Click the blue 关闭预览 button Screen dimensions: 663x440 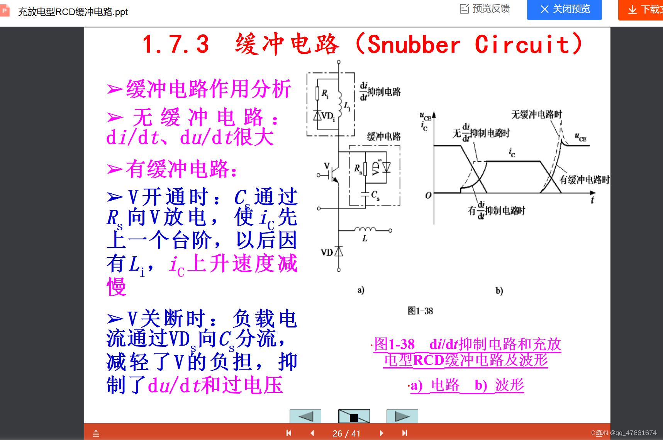pos(564,9)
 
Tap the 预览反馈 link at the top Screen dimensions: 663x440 pos(485,9)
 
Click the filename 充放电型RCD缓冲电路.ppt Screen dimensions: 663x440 pos(73,12)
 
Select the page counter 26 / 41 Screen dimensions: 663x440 pos(346,433)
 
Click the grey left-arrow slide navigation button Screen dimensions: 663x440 pos(305,416)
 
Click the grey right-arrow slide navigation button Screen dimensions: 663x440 pos(402,416)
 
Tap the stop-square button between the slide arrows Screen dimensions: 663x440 pos(354,417)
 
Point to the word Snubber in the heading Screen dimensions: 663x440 pos(414,44)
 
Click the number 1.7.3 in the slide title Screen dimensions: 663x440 pos(176,44)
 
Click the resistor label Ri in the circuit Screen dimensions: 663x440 pos(325,94)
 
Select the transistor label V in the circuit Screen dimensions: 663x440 pos(327,166)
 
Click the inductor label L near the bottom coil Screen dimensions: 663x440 pos(365,239)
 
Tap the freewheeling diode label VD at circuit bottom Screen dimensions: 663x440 pos(327,252)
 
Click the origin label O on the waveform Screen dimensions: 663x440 pos(428,195)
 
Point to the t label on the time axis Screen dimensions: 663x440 pos(592,200)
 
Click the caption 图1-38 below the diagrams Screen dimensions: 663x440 pos(420,311)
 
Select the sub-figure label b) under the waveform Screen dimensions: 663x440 pos(499,291)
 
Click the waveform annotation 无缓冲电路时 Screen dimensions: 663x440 pos(536,114)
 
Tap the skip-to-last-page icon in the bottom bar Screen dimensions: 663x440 pos(404,433)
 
